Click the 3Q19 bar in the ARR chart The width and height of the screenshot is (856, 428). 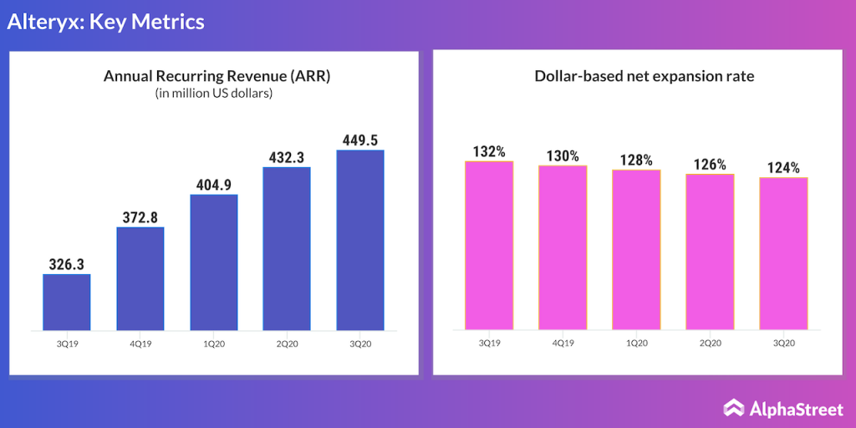point(67,302)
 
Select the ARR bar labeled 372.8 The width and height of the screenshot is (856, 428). point(140,278)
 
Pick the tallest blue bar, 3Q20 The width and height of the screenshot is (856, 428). point(360,240)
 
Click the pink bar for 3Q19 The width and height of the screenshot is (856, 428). point(489,245)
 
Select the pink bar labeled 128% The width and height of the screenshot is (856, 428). point(636,249)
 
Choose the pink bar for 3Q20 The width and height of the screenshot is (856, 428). point(783,253)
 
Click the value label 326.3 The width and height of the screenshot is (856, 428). point(67,263)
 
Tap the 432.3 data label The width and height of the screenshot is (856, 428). point(287,156)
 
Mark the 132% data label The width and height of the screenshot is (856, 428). point(489,151)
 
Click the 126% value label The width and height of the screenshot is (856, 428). point(710,164)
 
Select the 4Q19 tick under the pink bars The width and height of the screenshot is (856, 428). point(563,343)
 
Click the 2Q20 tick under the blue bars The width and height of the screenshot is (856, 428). point(287,343)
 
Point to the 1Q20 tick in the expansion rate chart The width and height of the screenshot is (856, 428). point(636,343)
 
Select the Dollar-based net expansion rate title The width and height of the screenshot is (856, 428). point(645,76)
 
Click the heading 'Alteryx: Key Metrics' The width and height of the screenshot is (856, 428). point(106,22)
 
